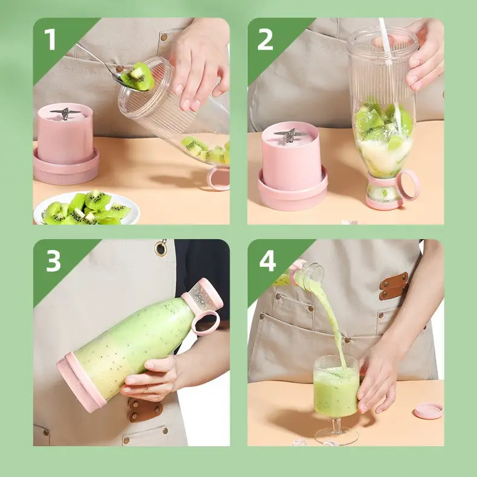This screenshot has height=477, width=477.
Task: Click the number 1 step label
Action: pyautogui.click(x=50, y=39)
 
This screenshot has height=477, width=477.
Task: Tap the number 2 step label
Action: pyautogui.click(x=265, y=39)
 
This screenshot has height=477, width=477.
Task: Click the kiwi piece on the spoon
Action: pyautogui.click(x=138, y=76)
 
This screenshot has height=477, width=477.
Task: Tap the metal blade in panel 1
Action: pyautogui.click(x=65, y=113)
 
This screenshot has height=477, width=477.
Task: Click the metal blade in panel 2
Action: pyautogui.click(x=290, y=135)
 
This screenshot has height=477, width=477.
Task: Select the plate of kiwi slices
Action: pyautogui.click(x=86, y=208)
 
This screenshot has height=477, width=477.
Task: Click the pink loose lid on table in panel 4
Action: pyautogui.click(x=428, y=411)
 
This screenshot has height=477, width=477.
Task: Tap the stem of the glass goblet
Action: pyautogui.click(x=336, y=425)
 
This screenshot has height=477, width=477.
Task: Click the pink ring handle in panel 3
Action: pyautogui.click(x=206, y=322)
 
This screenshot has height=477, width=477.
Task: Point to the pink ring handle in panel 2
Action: pyautogui.click(x=408, y=185)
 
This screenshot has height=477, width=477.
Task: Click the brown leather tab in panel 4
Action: pyautogui.click(x=394, y=286)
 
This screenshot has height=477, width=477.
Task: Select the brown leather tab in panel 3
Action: pyautogui.click(x=146, y=411)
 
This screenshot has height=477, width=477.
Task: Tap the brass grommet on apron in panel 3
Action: pyautogui.click(x=161, y=248)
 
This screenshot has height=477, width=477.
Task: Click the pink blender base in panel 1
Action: pyautogui.click(x=66, y=144)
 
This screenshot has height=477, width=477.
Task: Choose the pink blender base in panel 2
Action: pyautogui.click(x=292, y=166)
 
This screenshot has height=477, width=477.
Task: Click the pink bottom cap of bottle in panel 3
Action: pyautogui.click(x=80, y=382)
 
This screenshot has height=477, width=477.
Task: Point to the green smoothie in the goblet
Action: pyautogui.click(x=336, y=392)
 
